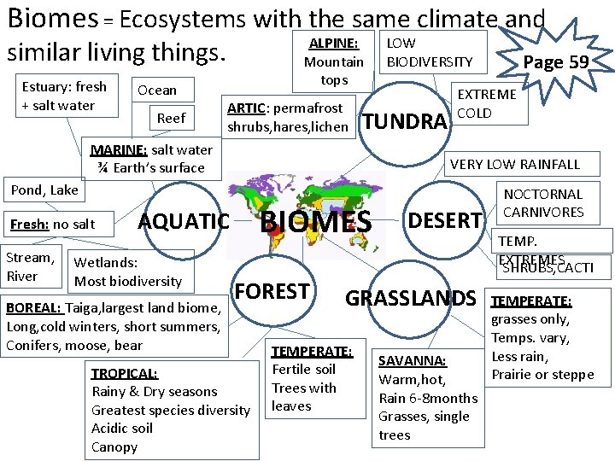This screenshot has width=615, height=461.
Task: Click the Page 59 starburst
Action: click(x=554, y=62)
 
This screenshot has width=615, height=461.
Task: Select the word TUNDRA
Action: click(x=404, y=121)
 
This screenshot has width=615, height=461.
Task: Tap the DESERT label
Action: click(x=445, y=220)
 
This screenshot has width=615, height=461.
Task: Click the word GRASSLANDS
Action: click(x=410, y=297)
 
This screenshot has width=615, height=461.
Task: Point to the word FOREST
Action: click(x=272, y=291)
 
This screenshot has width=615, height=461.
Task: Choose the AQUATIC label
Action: click(x=184, y=221)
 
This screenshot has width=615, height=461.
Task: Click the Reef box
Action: click(x=172, y=118)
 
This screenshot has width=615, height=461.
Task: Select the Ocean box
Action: click(x=157, y=90)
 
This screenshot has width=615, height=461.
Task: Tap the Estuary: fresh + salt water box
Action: click(x=66, y=96)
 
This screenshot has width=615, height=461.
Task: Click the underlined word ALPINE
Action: click(x=333, y=44)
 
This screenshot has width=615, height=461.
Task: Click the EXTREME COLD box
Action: click(x=487, y=103)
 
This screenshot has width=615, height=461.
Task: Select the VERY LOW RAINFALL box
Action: click(x=514, y=164)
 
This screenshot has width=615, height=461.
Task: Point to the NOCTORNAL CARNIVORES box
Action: click(x=543, y=203)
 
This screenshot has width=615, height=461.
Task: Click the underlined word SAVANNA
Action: click(x=412, y=361)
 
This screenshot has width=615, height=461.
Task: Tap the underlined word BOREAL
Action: click(x=33, y=307)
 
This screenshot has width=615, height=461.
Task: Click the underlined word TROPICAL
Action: click(x=125, y=373)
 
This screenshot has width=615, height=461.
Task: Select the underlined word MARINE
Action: click(x=119, y=149)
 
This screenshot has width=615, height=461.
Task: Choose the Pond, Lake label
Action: click(x=44, y=190)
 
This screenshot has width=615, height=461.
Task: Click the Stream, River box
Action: click(x=30, y=266)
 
